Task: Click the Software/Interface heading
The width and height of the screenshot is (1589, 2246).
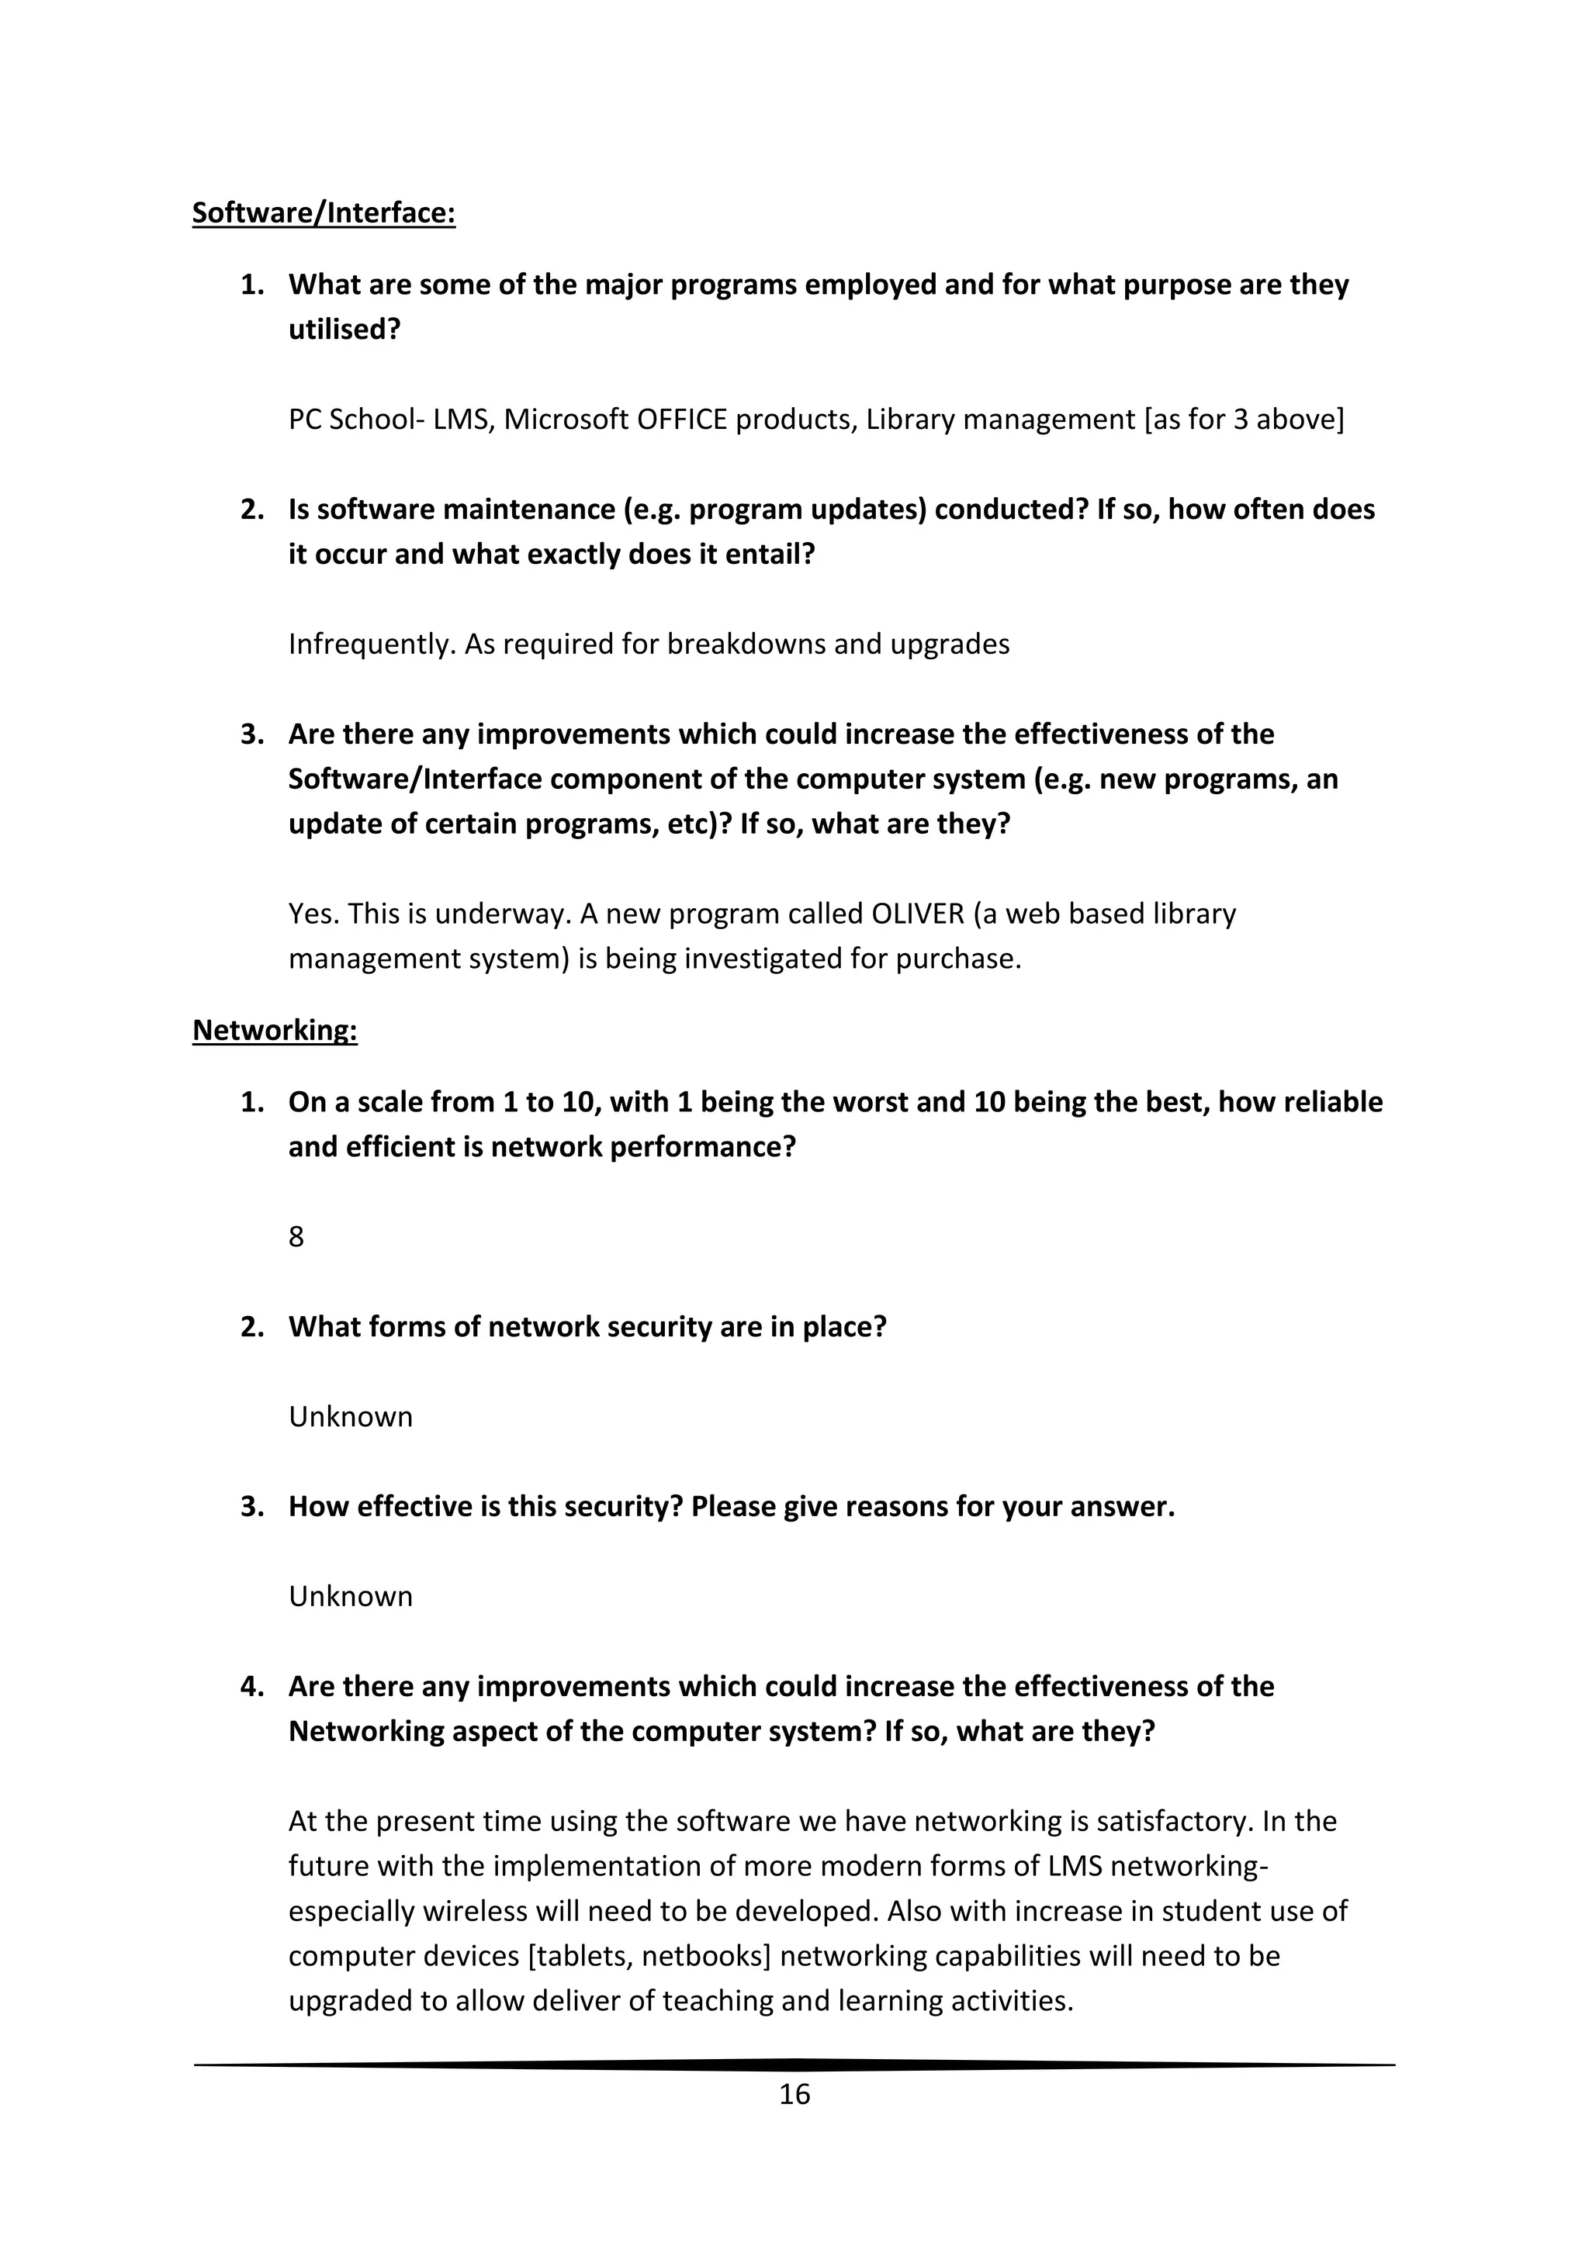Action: coord(323,213)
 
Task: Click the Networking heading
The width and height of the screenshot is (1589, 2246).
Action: coord(274,1029)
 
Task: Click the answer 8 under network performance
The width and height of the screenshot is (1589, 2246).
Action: coord(296,1236)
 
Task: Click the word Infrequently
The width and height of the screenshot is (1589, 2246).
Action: coord(371,644)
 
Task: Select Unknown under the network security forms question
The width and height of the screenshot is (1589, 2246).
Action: coord(350,1416)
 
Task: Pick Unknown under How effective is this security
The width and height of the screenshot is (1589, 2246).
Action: coord(350,1595)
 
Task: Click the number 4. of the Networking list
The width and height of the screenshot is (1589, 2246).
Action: coord(252,1685)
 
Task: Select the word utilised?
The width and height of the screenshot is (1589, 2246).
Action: coord(344,330)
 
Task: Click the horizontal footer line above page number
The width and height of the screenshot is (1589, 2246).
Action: coord(794,2064)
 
